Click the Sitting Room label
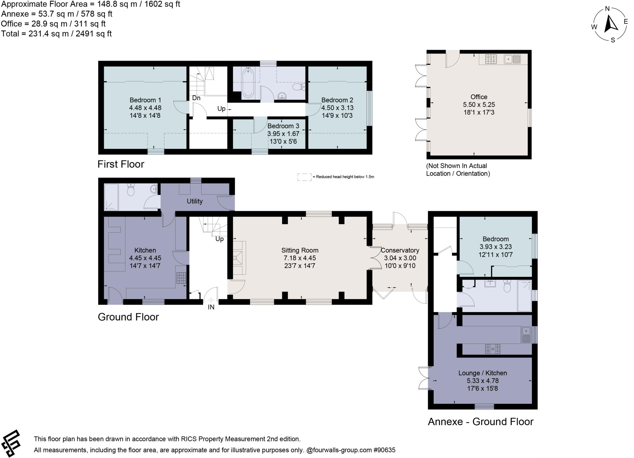coord(300,250)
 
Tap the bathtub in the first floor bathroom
coord(248,83)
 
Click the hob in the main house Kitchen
coord(181,278)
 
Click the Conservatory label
coord(400,250)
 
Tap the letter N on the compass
coord(607,9)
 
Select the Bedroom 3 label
coord(283,126)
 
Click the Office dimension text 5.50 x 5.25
coord(479,105)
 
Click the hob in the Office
coord(491,59)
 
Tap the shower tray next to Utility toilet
coord(111,197)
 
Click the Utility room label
coord(194,201)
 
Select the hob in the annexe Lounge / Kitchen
coord(493,349)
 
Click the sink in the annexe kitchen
coord(526,335)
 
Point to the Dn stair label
coord(196,98)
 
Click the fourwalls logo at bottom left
coord(11,443)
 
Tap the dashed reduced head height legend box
coord(304,177)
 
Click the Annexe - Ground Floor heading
coord(480,422)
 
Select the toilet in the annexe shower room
coord(507,286)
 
